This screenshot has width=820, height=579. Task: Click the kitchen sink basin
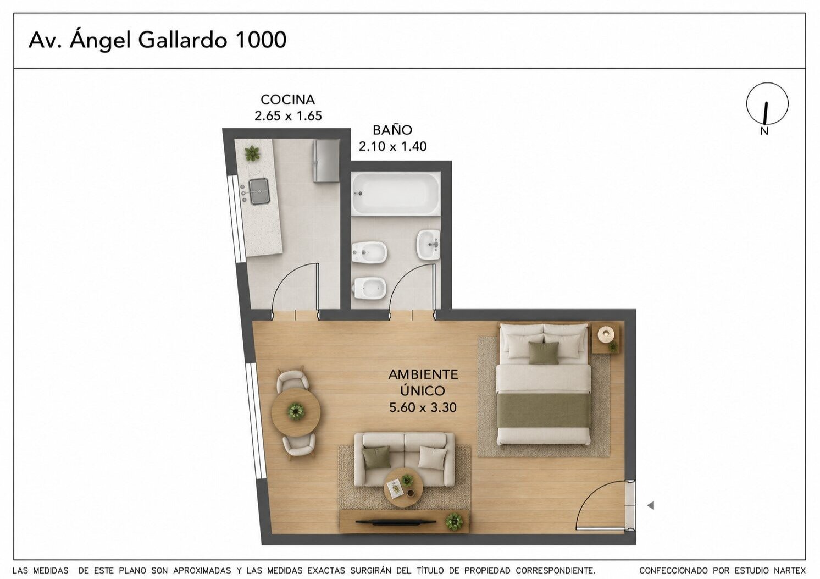[x=259, y=191]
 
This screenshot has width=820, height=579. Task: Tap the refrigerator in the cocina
[x=326, y=161]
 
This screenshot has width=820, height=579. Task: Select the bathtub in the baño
[x=396, y=194]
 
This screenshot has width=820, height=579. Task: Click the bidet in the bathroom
[x=369, y=252]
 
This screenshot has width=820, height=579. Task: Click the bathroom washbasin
[x=428, y=245]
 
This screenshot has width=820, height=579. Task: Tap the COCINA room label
[x=288, y=100]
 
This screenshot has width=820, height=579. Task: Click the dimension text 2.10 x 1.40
[x=393, y=146]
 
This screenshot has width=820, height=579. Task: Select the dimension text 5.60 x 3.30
[x=423, y=407]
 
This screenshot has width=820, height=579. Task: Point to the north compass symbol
[x=767, y=103]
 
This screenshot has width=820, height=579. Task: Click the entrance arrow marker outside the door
[x=650, y=506]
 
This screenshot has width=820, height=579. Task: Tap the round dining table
[x=296, y=412]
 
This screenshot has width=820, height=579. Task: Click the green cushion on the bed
[x=544, y=353]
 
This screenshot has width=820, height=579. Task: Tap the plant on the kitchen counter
[x=252, y=153]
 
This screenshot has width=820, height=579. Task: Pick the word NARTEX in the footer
[x=788, y=571]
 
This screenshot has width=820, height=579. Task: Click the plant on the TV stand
[x=454, y=521]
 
